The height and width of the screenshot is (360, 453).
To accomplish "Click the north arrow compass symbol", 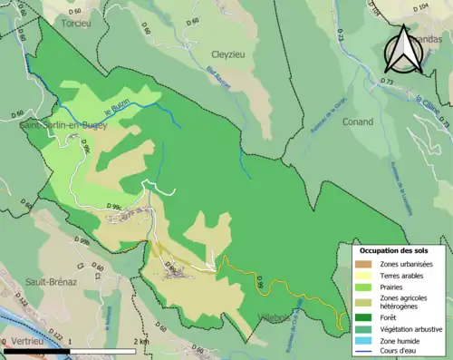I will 403,49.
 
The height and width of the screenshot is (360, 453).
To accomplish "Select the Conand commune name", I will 358,147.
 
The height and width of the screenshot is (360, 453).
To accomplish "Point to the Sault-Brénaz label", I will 50,282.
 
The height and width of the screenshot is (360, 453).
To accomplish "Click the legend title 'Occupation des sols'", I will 400,250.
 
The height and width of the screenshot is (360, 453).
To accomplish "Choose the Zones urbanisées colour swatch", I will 363,264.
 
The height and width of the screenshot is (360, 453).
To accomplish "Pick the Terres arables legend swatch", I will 363,275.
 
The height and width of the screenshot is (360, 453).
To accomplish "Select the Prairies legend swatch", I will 363,287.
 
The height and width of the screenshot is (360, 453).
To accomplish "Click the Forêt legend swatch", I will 363,317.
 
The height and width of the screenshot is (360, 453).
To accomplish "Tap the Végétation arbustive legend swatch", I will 363,328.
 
